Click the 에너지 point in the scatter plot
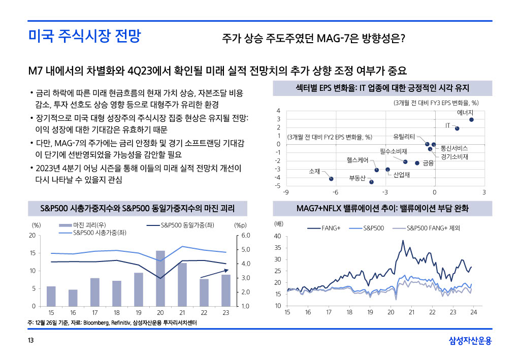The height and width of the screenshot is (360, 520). coord(471,120)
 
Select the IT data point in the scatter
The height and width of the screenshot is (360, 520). coord(457,128)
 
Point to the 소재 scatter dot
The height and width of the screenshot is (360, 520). coord(331,179)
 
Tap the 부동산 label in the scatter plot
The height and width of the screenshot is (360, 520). coord(357,178)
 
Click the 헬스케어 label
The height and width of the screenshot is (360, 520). coord(357,160)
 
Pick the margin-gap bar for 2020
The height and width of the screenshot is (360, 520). coord(160,278)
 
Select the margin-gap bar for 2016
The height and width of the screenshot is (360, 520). coord(73,298)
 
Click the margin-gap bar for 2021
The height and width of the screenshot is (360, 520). coord(182,284)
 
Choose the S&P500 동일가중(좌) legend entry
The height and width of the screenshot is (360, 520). coord(185,225)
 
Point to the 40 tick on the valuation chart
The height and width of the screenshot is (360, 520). coord(277,237)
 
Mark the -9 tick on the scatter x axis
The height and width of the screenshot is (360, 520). coord(286,192)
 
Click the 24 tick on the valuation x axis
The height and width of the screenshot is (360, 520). coord(473,312)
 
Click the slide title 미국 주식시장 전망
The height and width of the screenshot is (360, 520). coord(84,37)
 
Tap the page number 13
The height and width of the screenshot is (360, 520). coord(31,341)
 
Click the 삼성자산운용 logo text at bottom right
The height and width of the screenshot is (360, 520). coord(470,341)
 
